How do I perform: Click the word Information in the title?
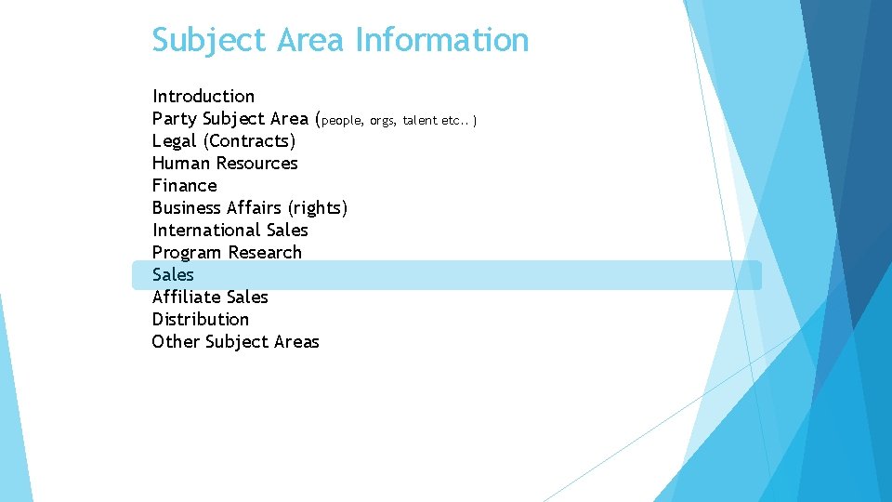coord(441,40)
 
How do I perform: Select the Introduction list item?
coord(203,96)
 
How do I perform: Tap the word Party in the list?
coord(175,118)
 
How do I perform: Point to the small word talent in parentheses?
coord(420,120)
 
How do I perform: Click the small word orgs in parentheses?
coord(382,120)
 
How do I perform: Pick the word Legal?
coord(175,140)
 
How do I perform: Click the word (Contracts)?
coord(249,140)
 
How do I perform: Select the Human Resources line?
coord(225,163)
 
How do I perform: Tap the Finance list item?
coord(185,185)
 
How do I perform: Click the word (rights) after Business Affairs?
coord(318,207)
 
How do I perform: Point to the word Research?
coord(265,252)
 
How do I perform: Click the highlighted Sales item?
coord(174,274)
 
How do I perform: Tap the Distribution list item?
coord(201,319)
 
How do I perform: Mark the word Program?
coord(188,252)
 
